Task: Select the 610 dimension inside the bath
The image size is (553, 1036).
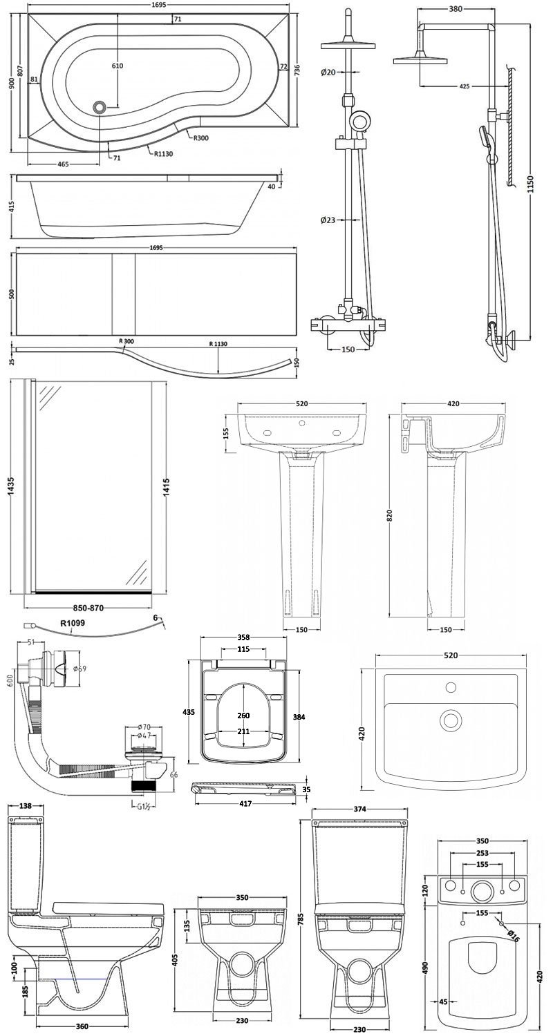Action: click(x=117, y=66)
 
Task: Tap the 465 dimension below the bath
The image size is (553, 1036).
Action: click(x=63, y=164)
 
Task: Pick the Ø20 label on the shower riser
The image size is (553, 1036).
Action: click(x=328, y=73)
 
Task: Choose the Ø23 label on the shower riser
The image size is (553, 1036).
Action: click(x=328, y=220)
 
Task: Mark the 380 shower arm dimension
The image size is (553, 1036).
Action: click(x=454, y=9)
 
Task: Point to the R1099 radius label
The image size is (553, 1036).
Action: click(x=73, y=623)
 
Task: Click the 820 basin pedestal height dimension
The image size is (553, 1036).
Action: click(x=391, y=515)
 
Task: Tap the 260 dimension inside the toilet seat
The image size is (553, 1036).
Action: click(x=242, y=716)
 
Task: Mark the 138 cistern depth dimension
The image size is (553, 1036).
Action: click(x=26, y=806)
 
